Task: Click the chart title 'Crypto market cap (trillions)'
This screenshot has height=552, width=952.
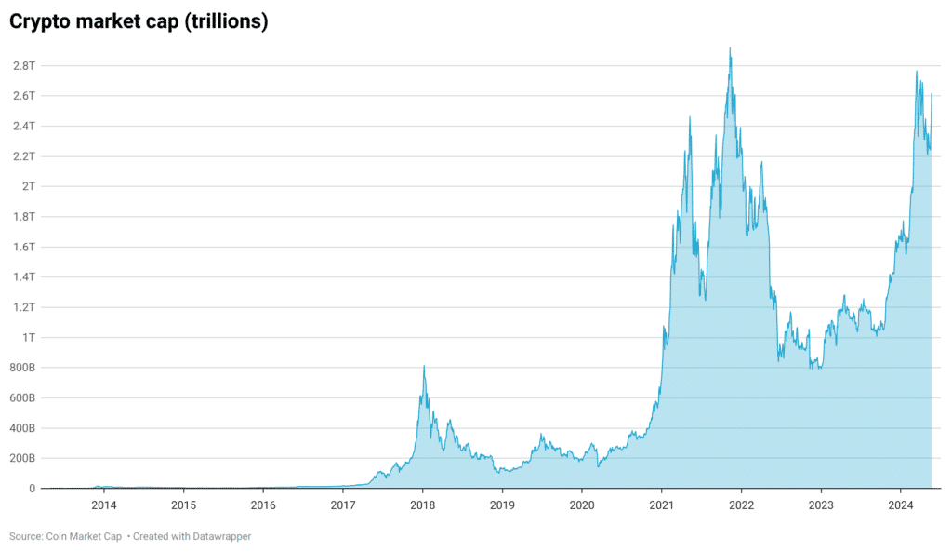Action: pyautogui.click(x=139, y=22)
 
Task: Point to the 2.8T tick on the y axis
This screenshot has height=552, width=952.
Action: pyautogui.click(x=24, y=66)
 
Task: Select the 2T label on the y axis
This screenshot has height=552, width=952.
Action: pyautogui.click(x=29, y=186)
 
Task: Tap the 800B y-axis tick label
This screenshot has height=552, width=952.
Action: pyautogui.click(x=23, y=368)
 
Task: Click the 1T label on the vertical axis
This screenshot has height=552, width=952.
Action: pyautogui.click(x=29, y=337)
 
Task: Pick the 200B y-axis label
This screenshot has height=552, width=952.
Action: pyautogui.click(x=23, y=458)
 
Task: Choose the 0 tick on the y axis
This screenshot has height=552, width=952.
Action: pyautogui.click(x=32, y=488)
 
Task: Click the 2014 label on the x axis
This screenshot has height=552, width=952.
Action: pyautogui.click(x=104, y=505)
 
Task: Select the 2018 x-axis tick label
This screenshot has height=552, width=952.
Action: pyautogui.click(x=423, y=505)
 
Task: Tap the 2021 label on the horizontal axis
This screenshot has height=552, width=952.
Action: pyautogui.click(x=661, y=505)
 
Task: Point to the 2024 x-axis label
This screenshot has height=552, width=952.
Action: pyautogui.click(x=900, y=505)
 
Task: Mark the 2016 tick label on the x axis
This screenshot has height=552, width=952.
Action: pyautogui.click(x=263, y=505)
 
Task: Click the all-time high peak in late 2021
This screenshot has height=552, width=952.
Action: pyautogui.click(x=730, y=48)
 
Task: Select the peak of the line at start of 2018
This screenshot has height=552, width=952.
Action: pyautogui.click(x=424, y=367)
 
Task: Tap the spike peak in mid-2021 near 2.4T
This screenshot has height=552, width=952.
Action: pyautogui.click(x=690, y=117)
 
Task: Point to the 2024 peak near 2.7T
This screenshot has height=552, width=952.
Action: pyautogui.click(x=917, y=72)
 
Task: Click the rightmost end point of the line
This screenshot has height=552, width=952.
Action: pyautogui.click(x=932, y=94)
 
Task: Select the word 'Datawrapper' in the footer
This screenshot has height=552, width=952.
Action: pyautogui.click(x=220, y=536)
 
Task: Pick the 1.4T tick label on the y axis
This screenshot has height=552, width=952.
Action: pyautogui.click(x=24, y=276)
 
